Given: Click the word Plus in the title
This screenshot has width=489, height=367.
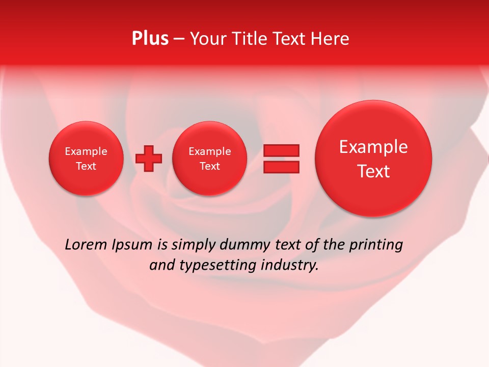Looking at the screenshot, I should [150, 39].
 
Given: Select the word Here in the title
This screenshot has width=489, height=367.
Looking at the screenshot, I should [331, 39].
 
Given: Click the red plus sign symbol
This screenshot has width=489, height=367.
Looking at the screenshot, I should [149, 159].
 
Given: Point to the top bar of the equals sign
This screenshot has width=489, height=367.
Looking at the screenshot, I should [281, 150].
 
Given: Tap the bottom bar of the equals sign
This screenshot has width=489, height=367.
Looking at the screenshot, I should [281, 167].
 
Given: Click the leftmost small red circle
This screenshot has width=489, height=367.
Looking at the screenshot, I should [86, 159].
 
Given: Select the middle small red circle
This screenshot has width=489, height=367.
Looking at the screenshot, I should [210, 159].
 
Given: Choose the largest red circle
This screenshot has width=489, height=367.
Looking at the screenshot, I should [373, 159].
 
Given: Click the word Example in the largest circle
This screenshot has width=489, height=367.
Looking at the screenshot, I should [373, 147].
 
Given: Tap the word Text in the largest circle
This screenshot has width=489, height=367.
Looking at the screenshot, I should [373, 171].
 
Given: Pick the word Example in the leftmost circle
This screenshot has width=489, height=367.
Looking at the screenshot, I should [86, 151].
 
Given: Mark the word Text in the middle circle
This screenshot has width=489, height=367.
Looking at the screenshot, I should [210, 166].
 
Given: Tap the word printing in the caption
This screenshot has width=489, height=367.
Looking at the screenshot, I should [376, 245].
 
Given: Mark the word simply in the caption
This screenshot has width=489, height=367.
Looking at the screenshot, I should [193, 245].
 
